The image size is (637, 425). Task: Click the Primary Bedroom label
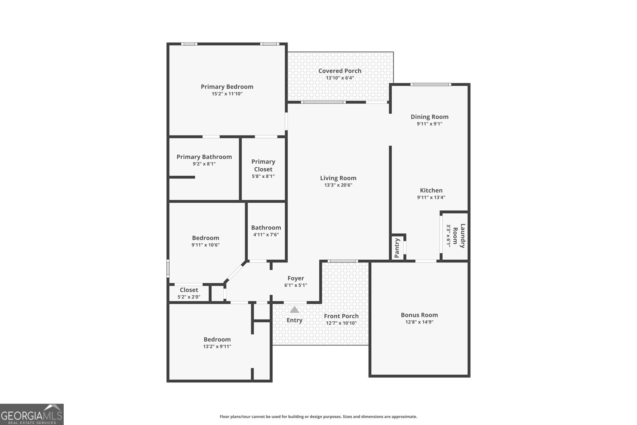(x=227, y=87)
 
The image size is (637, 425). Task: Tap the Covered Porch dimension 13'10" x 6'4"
(x=340, y=78)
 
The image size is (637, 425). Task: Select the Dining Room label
(x=430, y=117)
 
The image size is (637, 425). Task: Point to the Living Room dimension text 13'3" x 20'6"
(x=338, y=185)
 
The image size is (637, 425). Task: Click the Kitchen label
(x=431, y=190)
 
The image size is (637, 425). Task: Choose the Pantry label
(x=397, y=248)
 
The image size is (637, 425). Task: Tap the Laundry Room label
(x=459, y=236)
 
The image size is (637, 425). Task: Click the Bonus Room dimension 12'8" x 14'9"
(x=420, y=322)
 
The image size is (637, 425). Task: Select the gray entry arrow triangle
(x=294, y=309)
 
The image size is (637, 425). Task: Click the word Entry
(x=294, y=320)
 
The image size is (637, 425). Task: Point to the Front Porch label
(x=341, y=316)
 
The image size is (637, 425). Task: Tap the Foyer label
(x=296, y=278)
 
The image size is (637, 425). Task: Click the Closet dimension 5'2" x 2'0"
(x=189, y=297)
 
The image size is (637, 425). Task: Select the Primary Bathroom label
(x=204, y=157)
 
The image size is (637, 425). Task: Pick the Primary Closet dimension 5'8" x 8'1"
(x=263, y=176)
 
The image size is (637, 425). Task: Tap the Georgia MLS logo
(x=31, y=415)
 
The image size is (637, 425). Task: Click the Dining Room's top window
(x=430, y=84)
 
